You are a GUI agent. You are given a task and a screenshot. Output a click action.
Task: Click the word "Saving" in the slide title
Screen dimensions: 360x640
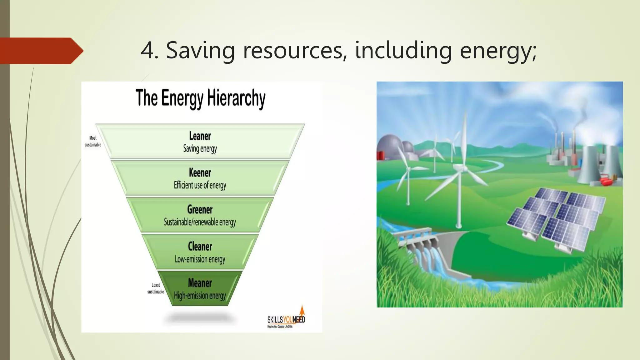(200, 51)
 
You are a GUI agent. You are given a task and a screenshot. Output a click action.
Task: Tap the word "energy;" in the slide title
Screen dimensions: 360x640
(498, 51)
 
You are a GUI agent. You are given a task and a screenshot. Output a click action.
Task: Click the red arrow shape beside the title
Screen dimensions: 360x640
(41, 51)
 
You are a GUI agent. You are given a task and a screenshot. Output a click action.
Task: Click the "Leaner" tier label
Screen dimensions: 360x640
(200, 136)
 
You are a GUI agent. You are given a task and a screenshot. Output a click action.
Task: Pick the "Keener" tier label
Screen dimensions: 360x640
(200, 172)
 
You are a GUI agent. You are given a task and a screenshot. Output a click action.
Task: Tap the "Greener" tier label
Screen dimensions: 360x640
(200, 209)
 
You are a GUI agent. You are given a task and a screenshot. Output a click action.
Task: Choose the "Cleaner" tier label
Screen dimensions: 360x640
(200, 246)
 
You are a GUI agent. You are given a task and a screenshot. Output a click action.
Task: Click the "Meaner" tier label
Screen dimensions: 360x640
(200, 283)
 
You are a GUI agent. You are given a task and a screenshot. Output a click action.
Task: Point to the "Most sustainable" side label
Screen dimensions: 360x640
(93, 141)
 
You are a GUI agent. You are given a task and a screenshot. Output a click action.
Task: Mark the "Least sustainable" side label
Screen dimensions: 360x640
(156, 288)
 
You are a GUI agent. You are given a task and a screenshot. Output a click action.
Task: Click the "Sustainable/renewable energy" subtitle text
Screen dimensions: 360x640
(200, 222)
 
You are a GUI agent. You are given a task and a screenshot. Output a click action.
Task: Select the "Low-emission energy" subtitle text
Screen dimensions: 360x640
(200, 259)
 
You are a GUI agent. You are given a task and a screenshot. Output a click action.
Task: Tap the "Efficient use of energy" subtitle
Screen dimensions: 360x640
(200, 185)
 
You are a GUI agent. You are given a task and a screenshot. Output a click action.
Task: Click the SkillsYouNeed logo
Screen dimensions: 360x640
(286, 319)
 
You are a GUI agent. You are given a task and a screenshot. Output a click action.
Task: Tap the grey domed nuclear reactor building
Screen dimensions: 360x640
(389, 147)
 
